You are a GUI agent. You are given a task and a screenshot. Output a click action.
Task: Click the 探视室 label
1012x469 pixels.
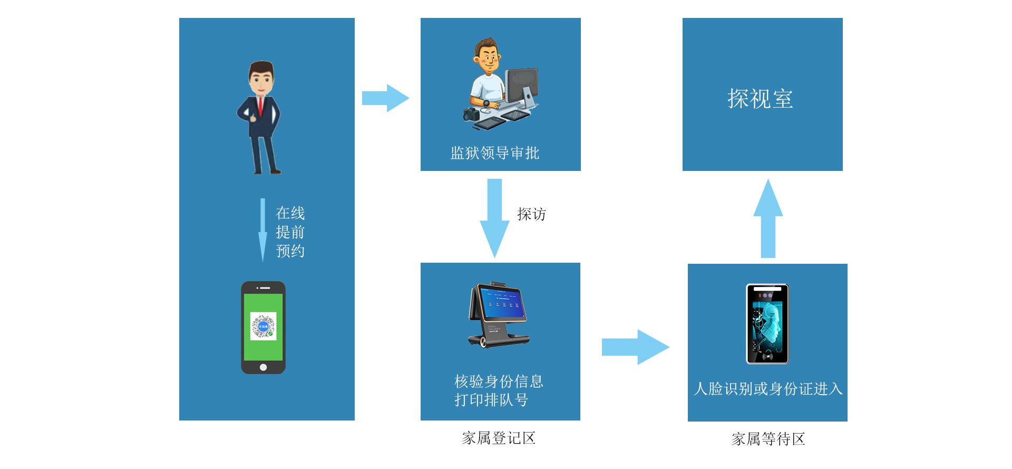(x=760, y=99)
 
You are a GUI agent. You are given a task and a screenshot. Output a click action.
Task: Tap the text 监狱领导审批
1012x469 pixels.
(x=494, y=153)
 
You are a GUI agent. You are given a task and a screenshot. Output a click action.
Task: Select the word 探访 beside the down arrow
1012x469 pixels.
(x=531, y=214)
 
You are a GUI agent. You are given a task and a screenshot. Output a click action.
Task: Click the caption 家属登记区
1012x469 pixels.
(x=499, y=438)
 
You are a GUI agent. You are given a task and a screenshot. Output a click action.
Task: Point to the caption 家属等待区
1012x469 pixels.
(x=768, y=439)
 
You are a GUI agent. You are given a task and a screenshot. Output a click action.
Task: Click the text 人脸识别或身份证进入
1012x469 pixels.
(x=768, y=389)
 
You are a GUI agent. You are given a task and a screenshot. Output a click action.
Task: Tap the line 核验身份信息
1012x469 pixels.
(x=499, y=381)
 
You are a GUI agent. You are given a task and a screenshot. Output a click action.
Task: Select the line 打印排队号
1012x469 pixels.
(x=491, y=400)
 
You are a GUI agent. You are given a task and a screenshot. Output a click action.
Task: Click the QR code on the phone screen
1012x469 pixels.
(x=263, y=327)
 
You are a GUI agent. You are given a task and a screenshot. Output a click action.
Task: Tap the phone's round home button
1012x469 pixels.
(x=263, y=367)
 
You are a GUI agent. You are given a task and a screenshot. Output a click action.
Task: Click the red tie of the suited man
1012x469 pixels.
(x=260, y=106)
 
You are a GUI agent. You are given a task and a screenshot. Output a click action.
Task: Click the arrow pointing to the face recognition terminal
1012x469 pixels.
(x=635, y=347)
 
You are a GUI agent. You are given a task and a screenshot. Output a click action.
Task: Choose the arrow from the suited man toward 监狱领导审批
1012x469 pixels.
(x=385, y=98)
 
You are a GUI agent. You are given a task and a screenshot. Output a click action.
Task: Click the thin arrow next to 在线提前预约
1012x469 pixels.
(x=262, y=230)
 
